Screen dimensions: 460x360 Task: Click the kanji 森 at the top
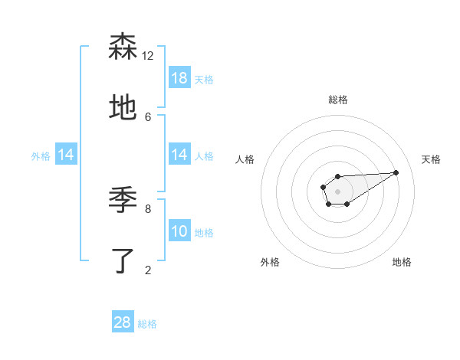(x=123, y=47)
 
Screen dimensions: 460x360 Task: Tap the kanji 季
(x=123, y=201)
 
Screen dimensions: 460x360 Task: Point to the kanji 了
(x=123, y=261)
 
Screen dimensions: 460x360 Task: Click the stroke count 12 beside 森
(x=148, y=56)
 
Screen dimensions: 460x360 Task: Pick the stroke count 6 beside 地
(x=148, y=116)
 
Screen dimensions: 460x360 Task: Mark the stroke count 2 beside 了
(x=148, y=270)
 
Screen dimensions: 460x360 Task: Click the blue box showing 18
(x=179, y=78)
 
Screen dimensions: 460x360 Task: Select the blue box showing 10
(x=179, y=231)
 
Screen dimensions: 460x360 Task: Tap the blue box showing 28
(x=123, y=322)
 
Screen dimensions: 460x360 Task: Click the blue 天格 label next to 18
(x=204, y=79)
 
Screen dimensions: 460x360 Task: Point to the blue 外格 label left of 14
(x=41, y=155)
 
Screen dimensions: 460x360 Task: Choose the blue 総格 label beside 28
(x=147, y=323)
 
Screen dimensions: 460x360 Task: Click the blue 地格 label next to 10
(x=204, y=232)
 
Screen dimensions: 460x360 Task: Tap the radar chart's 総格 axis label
(x=337, y=100)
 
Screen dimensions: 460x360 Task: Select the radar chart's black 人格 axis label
(x=245, y=159)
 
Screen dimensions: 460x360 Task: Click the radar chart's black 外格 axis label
(x=270, y=262)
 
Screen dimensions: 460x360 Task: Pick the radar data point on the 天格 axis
(x=396, y=172)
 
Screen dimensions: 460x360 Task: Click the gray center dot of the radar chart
(x=337, y=191)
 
